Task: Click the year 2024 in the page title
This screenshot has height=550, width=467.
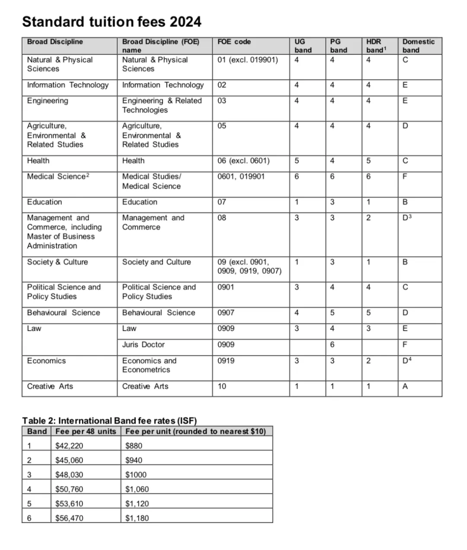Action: pyautogui.click(x=186, y=22)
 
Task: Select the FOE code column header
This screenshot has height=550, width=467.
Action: pyautogui.click(x=234, y=42)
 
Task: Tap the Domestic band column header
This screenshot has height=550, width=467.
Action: pyautogui.click(x=418, y=46)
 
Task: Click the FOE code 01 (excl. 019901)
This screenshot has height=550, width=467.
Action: pyautogui.click(x=247, y=60)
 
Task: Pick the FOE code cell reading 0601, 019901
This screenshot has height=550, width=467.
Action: pyautogui.click(x=241, y=176)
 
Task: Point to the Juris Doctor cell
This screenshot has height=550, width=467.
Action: pyautogui.click(x=143, y=345)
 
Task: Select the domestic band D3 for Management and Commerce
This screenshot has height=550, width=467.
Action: pyautogui.click(x=407, y=218)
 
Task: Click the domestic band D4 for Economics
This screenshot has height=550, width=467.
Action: pyautogui.click(x=407, y=361)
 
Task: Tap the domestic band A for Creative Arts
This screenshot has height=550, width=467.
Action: pyautogui.click(x=405, y=387)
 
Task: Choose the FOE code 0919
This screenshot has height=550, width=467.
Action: pyautogui.click(x=226, y=361)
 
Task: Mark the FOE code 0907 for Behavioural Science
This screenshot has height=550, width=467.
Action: pyautogui.click(x=226, y=313)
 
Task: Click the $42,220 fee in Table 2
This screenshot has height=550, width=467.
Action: pyautogui.click(x=69, y=446)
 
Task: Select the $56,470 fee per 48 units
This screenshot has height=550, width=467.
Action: pyautogui.click(x=69, y=518)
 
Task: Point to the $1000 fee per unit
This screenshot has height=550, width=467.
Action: pyautogui.click(x=136, y=475)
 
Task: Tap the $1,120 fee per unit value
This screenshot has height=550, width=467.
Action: pyautogui.click(x=137, y=504)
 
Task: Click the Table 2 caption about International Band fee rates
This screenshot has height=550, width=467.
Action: pyautogui.click(x=109, y=421)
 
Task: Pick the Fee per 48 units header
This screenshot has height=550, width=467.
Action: pyautogui.click(x=86, y=431)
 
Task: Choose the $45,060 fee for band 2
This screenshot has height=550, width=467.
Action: pyautogui.click(x=69, y=460)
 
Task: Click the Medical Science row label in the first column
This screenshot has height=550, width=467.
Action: pyautogui.click(x=58, y=176)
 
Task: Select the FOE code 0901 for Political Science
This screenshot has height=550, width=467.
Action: pyautogui.click(x=226, y=287)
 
